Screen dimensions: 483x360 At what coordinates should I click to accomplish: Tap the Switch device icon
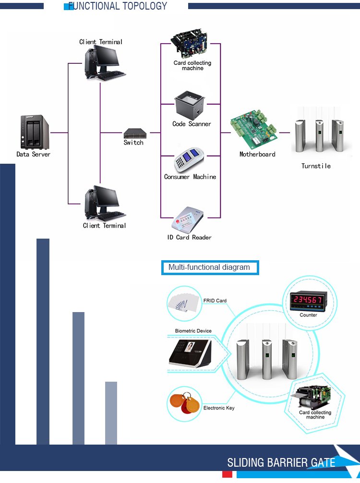133,133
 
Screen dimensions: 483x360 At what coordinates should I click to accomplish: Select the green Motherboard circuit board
254,130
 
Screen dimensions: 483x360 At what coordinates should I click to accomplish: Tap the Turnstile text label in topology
316,166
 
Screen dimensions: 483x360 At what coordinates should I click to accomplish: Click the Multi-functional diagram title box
210,267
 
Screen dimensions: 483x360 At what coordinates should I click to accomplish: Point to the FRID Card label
215,301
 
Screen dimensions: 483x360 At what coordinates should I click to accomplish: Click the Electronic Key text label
219,408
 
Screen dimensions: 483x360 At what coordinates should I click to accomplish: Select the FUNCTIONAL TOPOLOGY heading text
118,6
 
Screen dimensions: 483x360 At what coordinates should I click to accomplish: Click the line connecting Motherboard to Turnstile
285,133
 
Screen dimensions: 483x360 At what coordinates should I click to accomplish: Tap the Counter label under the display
308,315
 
